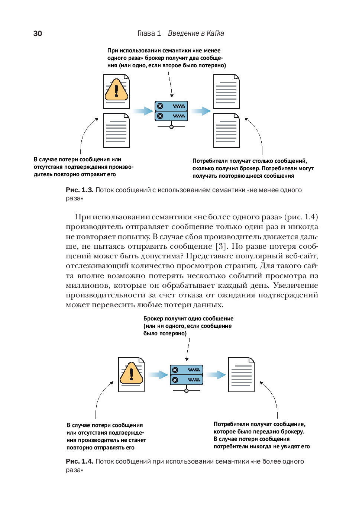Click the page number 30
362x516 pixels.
click(x=38, y=33)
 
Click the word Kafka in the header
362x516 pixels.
click(x=215, y=33)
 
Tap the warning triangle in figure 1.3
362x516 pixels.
click(x=116, y=90)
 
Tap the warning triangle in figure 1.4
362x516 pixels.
click(x=131, y=373)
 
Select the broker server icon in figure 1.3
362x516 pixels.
click(x=171, y=112)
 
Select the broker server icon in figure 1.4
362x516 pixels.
click(x=187, y=375)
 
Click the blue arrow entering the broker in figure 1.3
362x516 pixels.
click(x=143, y=111)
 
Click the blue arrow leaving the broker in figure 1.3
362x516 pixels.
click(x=201, y=111)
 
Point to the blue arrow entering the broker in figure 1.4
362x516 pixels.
click(x=158, y=375)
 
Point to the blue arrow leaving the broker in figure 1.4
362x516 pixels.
click(x=216, y=375)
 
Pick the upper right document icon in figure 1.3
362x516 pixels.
click(x=226, y=91)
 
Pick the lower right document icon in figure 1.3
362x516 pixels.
click(x=226, y=130)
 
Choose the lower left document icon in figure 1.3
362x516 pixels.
click(x=116, y=130)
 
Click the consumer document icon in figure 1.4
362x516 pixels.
click(x=241, y=375)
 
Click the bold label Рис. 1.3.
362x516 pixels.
click(x=80, y=190)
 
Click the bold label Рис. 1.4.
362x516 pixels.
click(x=80, y=461)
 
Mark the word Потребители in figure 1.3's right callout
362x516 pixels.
click(x=210, y=161)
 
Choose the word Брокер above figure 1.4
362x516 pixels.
click(x=153, y=319)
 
